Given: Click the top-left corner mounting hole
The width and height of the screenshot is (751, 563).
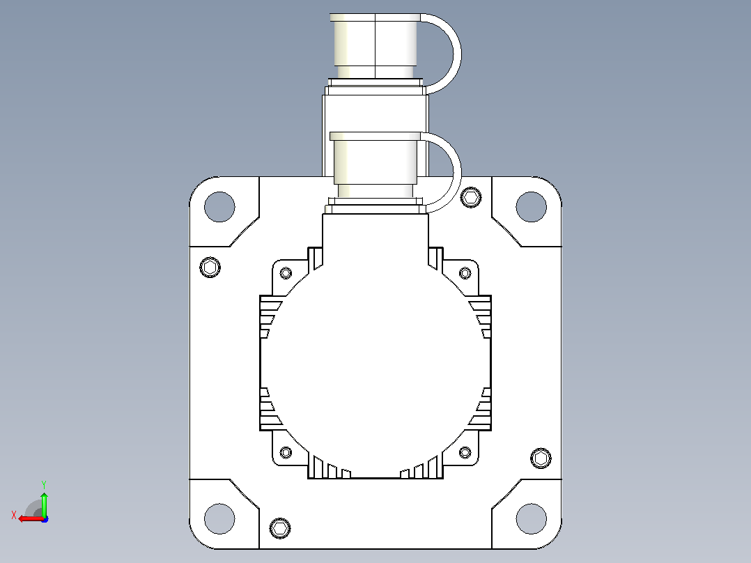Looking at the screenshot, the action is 219,206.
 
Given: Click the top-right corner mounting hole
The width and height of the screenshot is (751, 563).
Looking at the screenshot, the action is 531,206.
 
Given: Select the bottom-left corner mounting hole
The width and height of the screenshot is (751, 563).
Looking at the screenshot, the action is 219,518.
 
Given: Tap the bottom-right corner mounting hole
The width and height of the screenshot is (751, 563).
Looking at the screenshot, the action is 531,518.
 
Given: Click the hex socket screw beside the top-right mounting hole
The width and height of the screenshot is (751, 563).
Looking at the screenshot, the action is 471,197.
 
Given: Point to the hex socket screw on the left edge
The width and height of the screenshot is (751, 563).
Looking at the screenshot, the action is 210,267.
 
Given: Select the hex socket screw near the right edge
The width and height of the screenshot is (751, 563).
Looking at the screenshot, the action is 541,458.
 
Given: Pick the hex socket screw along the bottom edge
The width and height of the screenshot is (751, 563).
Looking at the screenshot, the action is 280,528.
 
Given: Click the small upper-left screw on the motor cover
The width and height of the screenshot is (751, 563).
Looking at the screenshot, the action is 286,273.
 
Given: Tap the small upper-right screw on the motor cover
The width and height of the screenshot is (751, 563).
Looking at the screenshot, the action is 465,273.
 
